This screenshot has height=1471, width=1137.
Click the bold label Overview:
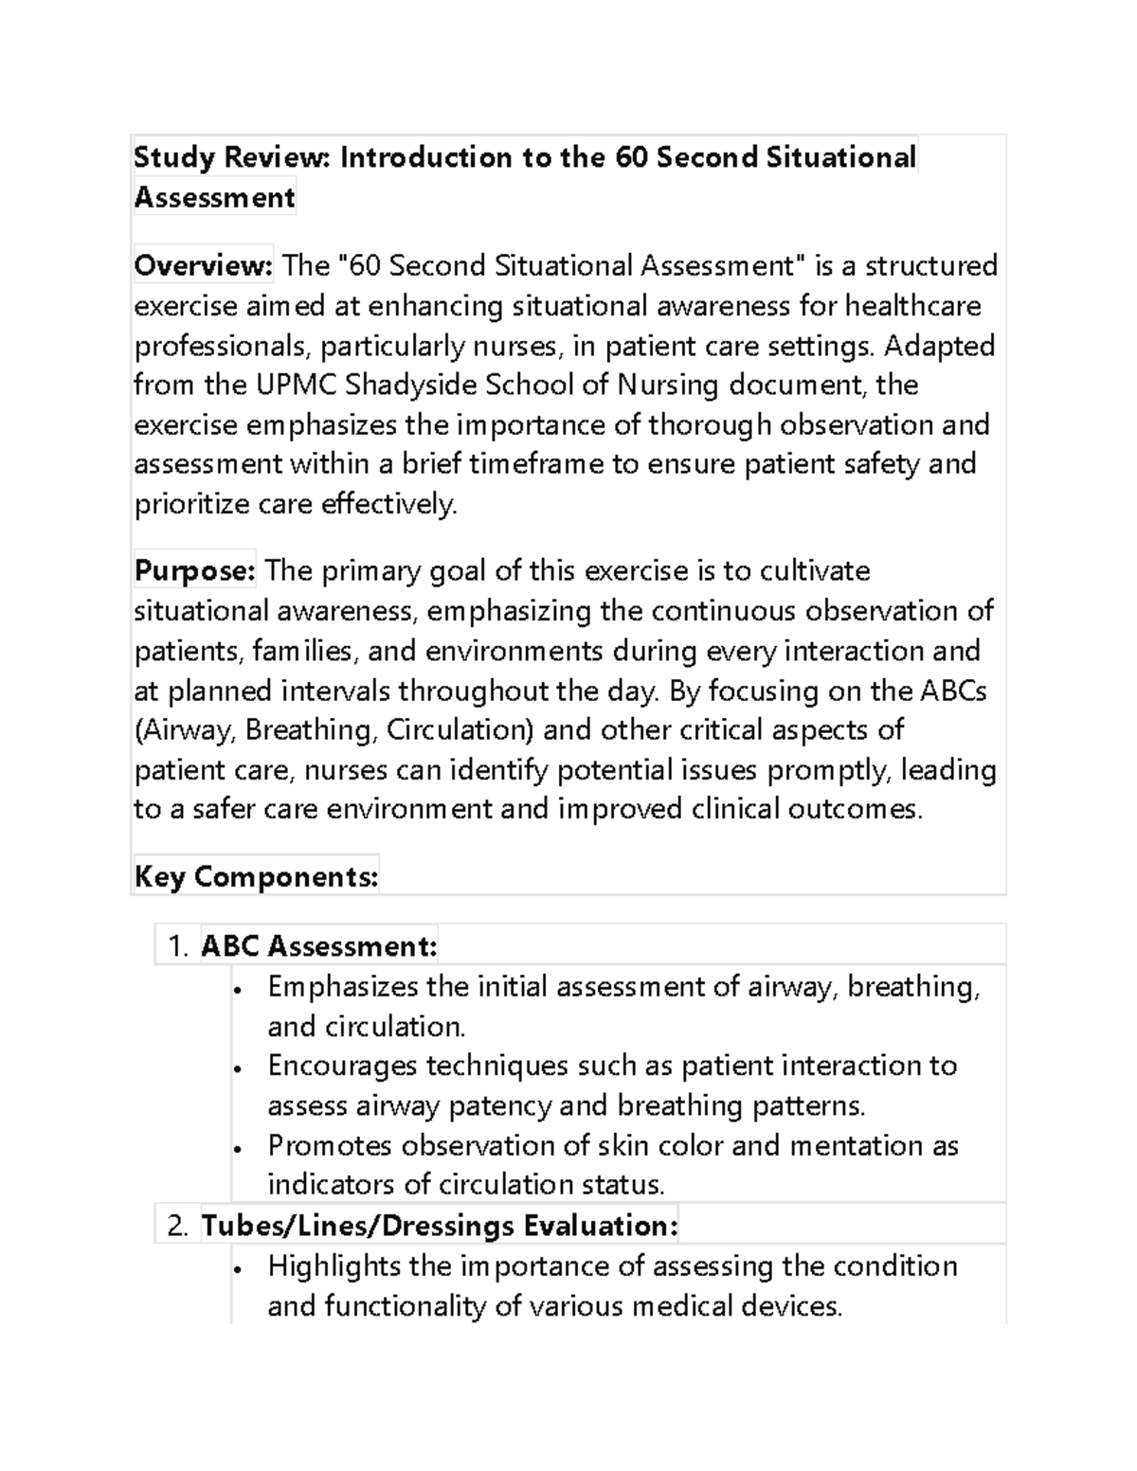203,266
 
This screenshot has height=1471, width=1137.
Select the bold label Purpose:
194,571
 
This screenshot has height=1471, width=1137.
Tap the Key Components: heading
256,877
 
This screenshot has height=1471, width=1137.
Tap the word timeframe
550,464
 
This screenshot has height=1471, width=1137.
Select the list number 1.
175,946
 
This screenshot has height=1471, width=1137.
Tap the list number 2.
176,1227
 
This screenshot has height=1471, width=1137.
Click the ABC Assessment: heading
319,946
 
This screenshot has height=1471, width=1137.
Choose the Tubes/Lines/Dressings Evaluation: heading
440,1227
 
